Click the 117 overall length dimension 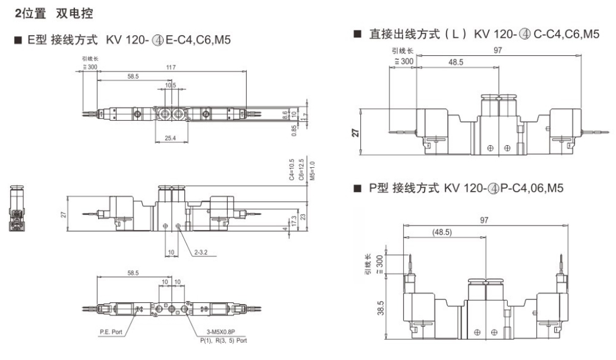click(x=171, y=67)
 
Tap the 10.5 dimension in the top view click(x=171, y=86)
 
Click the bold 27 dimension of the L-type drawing click(x=356, y=132)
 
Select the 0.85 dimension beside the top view click(x=294, y=129)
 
